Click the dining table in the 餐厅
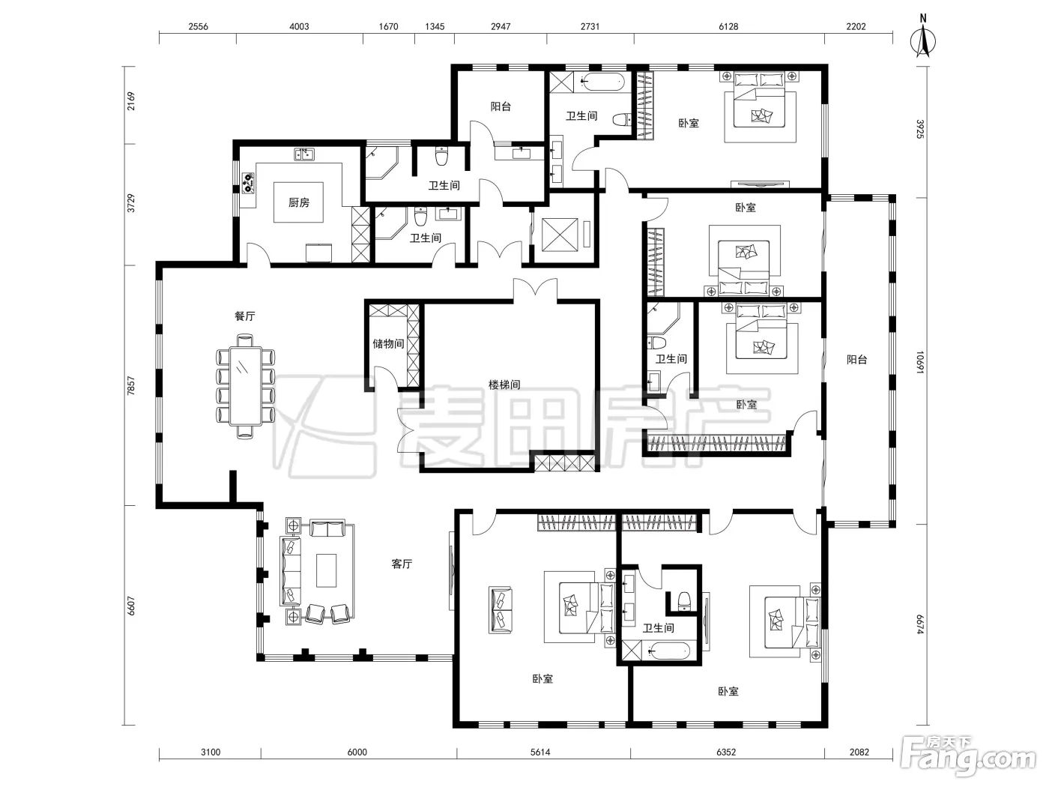[x=246, y=386]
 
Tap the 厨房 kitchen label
[x=299, y=202]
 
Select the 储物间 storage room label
[x=388, y=343]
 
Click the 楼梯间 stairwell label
[x=504, y=385]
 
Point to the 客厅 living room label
[x=402, y=564]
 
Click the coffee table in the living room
[x=327, y=570]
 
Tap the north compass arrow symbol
[x=923, y=40]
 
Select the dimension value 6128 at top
[x=728, y=27]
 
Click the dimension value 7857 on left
[x=131, y=385]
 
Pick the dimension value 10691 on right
[x=920, y=362]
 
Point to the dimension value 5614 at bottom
[x=540, y=752]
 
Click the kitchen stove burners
[x=248, y=183]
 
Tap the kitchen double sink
[x=304, y=154]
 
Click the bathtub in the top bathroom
[x=602, y=82]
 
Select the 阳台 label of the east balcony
[x=856, y=359]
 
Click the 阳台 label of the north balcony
[x=501, y=106]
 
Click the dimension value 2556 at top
[x=198, y=27]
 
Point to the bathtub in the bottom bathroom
[x=668, y=651]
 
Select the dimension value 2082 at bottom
[x=859, y=752]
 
